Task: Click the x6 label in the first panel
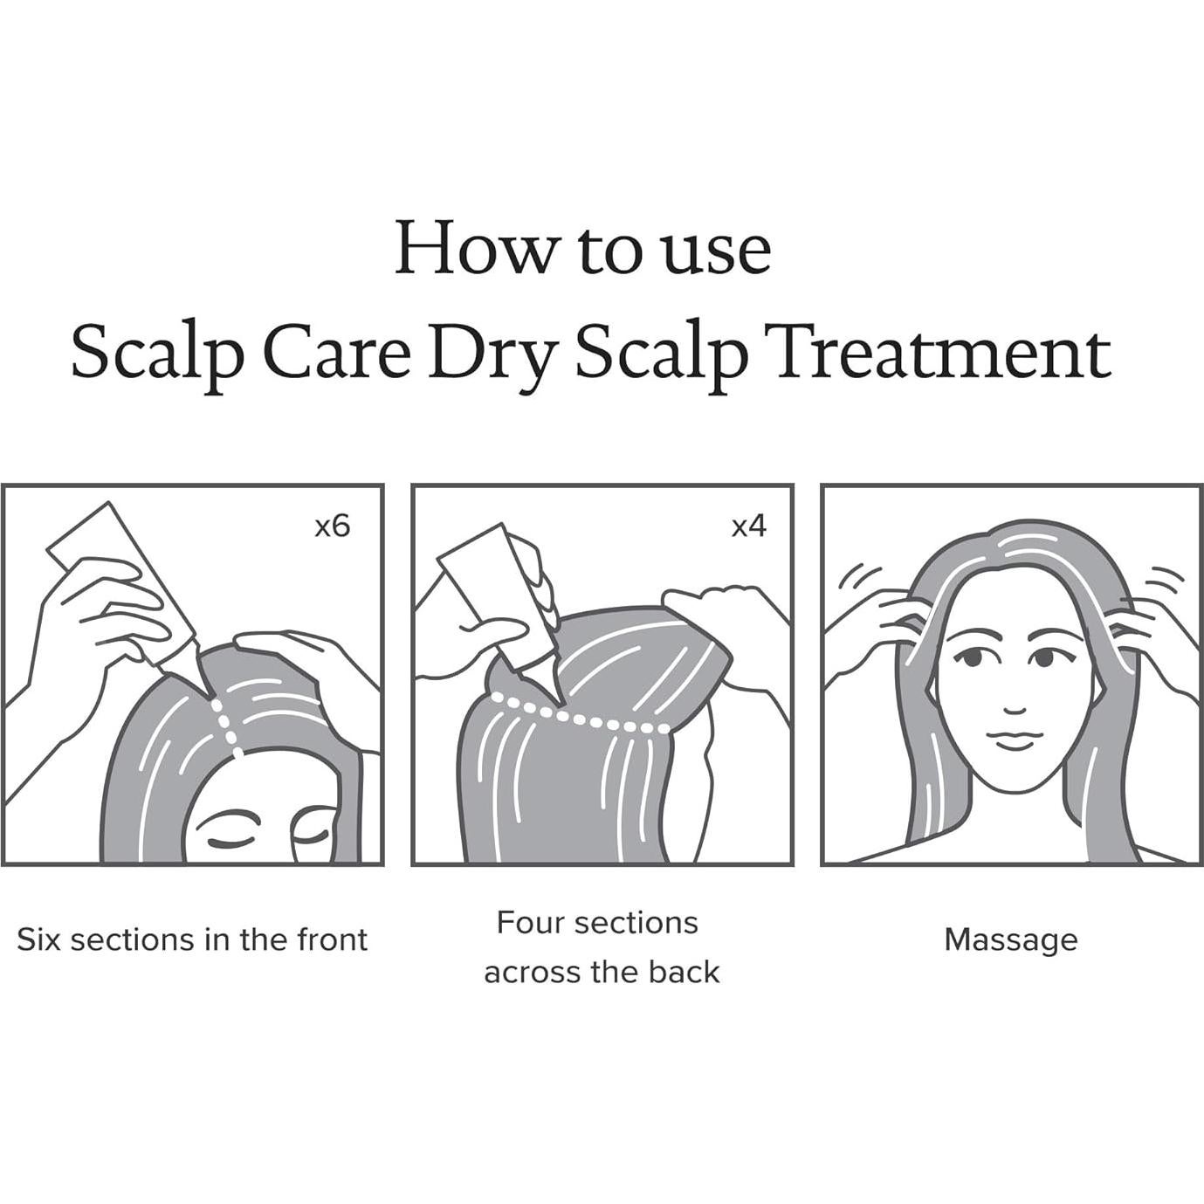coord(332,527)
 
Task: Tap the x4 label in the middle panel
coord(748,527)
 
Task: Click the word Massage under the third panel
coord(1011,942)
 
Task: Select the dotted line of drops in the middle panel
coord(581,716)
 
